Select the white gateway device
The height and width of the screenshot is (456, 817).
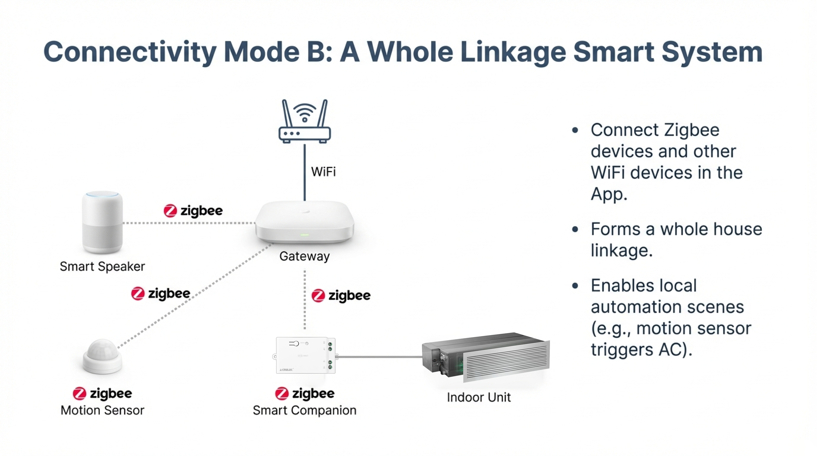point(305,222)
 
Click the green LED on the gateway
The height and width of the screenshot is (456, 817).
point(305,235)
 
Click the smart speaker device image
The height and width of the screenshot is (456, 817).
point(102,222)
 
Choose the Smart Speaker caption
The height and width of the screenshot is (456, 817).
point(102,266)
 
